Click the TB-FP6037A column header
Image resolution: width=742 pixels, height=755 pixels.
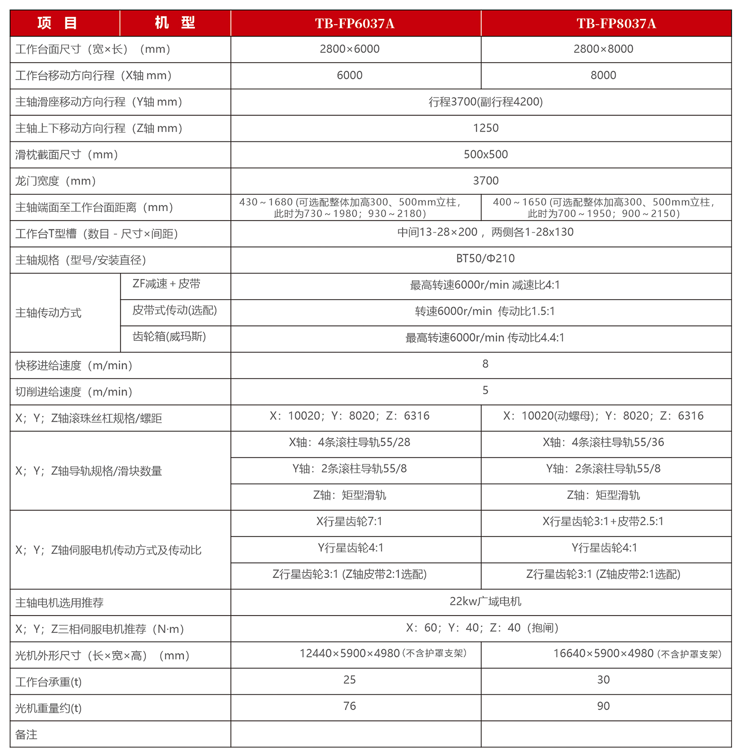(x=355, y=24)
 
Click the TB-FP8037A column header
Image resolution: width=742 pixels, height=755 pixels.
(x=616, y=24)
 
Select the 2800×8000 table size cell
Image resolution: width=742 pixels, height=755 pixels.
(x=603, y=49)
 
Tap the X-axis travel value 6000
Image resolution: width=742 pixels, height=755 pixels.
(x=349, y=75)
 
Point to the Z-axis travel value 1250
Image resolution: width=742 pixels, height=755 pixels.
(x=485, y=128)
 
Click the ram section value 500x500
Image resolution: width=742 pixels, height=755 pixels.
(x=485, y=154)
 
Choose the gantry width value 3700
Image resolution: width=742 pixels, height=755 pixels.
(x=485, y=180)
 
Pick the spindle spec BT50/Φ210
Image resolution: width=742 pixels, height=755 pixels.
(x=485, y=258)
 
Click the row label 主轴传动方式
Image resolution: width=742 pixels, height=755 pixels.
(x=48, y=312)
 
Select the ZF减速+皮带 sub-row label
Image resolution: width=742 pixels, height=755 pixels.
(x=166, y=284)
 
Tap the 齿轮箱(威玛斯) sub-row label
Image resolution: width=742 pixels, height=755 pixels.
(x=169, y=337)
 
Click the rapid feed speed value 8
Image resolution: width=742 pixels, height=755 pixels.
(x=485, y=364)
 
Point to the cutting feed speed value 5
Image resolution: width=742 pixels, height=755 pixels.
(x=485, y=390)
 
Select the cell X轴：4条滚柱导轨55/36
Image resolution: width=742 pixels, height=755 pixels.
(x=603, y=442)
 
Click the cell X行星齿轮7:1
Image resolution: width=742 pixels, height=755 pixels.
(x=349, y=521)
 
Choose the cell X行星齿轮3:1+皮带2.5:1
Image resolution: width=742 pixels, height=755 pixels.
(x=603, y=521)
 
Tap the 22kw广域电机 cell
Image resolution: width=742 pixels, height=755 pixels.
(x=485, y=601)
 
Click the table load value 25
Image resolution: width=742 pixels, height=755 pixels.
(x=349, y=680)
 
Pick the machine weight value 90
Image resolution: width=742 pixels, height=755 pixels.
(x=603, y=706)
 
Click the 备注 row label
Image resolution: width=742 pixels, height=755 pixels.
(x=26, y=735)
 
